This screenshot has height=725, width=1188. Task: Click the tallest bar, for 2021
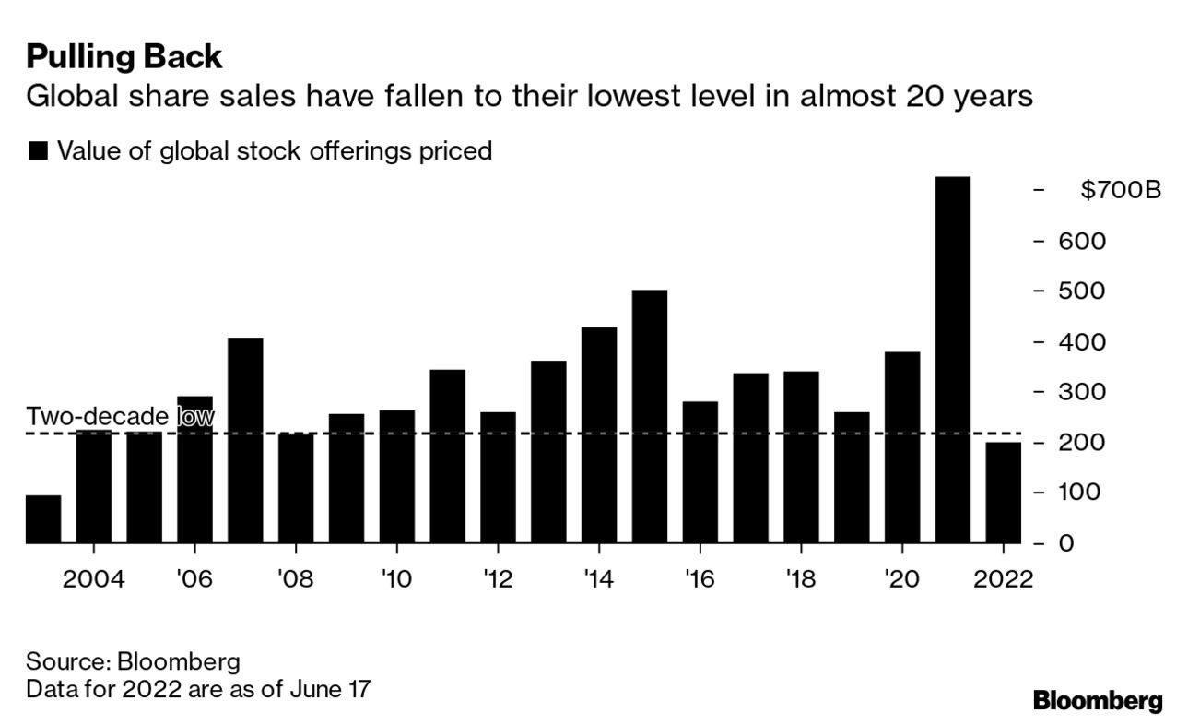[x=952, y=360]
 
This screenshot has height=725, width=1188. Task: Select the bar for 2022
[x=1003, y=493]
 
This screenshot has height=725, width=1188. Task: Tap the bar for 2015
[x=649, y=416]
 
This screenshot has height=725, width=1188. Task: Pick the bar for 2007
[x=245, y=440]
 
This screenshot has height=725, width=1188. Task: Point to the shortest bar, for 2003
[x=43, y=519]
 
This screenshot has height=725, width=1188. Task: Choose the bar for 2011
[x=447, y=456]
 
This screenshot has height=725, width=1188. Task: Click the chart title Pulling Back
[x=124, y=57]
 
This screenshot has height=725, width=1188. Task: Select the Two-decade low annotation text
[x=120, y=418]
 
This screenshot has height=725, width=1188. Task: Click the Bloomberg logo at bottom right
[x=1097, y=701]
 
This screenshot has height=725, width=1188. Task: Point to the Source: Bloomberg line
[x=133, y=661]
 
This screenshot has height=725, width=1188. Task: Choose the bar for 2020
[x=901, y=447]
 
